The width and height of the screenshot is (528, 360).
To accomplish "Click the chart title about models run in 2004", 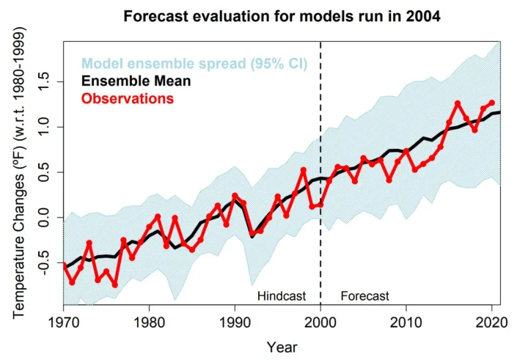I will [x=282, y=16].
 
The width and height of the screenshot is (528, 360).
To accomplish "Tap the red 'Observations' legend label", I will [x=127, y=98].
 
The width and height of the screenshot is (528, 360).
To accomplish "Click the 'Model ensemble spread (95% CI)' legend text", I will [x=194, y=64].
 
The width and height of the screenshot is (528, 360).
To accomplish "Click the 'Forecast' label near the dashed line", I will [x=364, y=295].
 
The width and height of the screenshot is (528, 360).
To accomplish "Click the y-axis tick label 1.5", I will [x=47, y=83].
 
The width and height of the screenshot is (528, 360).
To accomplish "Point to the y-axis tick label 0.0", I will [x=47, y=217].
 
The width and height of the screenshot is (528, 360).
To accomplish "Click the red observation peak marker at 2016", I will [x=458, y=103].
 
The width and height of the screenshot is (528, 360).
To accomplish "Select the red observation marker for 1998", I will [x=304, y=170].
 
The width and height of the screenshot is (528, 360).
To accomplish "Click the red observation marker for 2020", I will [x=491, y=103].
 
